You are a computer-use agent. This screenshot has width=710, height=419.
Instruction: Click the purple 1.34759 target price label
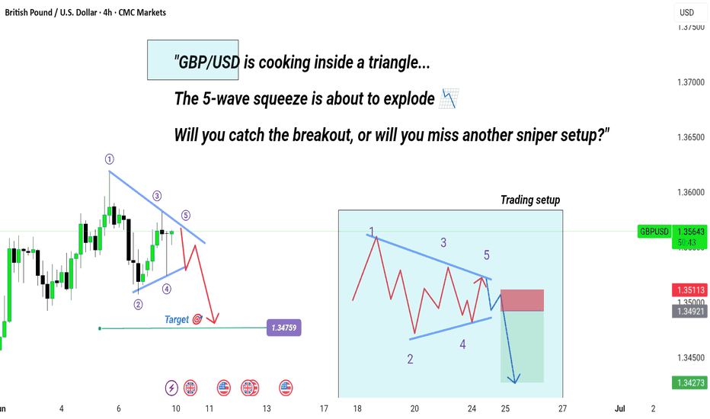point(284,328)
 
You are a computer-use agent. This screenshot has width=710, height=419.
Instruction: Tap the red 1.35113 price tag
point(690,290)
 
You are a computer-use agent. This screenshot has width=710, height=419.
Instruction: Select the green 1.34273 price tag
point(690,382)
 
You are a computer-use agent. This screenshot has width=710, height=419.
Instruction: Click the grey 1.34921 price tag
point(690,311)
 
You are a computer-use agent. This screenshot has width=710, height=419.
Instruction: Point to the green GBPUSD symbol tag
point(654,232)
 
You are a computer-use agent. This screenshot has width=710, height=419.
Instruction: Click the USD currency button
point(686,13)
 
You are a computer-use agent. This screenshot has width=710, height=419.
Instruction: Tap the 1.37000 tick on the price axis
point(691,82)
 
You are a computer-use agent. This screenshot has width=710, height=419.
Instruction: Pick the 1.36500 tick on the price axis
point(691,137)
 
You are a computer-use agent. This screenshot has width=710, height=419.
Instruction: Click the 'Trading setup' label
point(530,200)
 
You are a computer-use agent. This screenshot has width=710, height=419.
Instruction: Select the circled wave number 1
point(110,159)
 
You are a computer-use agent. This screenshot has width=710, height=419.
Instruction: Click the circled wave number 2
point(138,305)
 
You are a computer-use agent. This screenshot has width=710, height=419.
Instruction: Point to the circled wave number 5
point(186,215)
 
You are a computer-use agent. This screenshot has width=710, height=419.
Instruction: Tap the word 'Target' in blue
point(177,320)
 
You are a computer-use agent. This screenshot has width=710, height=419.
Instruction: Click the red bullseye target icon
point(197,319)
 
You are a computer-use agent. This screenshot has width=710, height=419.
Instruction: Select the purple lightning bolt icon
point(171,388)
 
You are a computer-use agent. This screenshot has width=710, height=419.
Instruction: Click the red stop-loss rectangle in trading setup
point(522,300)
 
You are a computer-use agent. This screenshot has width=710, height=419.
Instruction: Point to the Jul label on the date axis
point(620,408)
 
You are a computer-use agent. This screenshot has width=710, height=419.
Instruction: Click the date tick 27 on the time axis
point(562,408)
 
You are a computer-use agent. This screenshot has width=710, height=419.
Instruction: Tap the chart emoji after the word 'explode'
point(449,99)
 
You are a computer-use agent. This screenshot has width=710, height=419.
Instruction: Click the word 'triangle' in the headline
point(399,62)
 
